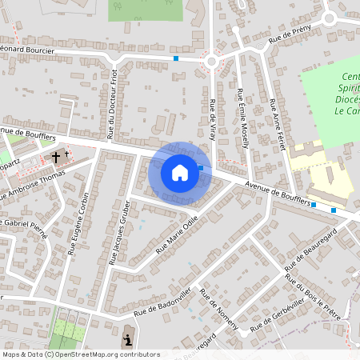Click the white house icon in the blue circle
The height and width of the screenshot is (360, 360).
(179, 172)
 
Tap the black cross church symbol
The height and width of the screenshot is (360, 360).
(57, 157)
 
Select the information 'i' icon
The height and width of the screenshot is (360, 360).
(130, 341)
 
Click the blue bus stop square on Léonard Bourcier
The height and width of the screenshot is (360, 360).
(176, 58)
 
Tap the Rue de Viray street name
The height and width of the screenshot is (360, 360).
(212, 119)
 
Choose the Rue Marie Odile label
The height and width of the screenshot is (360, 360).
(176, 234)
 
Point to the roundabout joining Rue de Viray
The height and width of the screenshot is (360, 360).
(212, 61)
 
